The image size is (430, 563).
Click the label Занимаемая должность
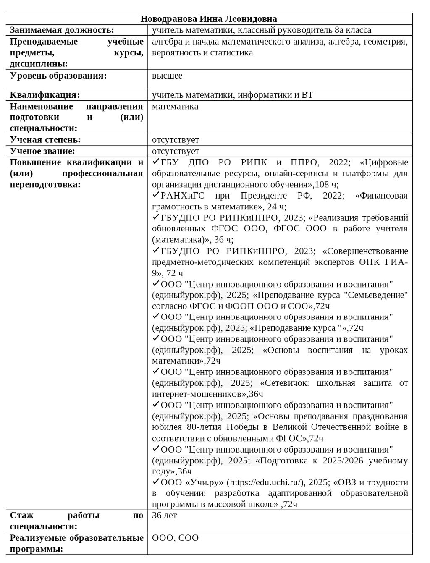62,30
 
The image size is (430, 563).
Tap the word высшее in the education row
167,76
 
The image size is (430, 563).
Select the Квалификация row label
45,95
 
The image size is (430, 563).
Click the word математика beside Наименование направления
175,107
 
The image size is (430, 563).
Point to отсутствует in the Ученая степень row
176,139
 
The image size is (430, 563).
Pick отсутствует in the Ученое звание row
176,151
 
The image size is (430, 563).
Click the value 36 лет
165,516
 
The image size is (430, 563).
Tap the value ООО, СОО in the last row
175,538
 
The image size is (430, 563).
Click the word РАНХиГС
182,196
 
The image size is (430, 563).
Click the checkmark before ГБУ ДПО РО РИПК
156,162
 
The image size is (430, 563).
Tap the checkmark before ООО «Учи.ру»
156,482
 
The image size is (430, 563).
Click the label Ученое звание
42,151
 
